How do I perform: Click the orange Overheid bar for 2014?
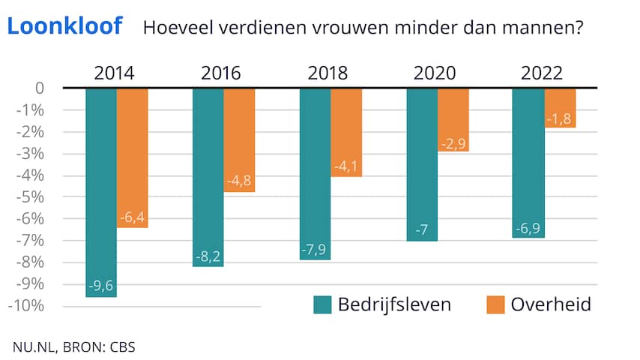pos(133,157)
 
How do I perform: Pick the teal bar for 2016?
pos(208,177)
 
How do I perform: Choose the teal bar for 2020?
pos(422,164)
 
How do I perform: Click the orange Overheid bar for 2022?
pos(560,108)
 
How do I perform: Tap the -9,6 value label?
pos(101,285)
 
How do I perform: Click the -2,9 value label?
pos(453,140)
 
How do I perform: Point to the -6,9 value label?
pos(528,226)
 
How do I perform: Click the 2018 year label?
pos(327,73)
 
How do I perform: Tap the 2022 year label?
pos(541,73)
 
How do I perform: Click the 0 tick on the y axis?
pos(39,88)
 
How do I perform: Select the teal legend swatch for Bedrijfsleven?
pos(322,304)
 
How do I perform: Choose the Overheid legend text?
pos(551,304)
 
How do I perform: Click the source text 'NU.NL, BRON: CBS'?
pos(73,346)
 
